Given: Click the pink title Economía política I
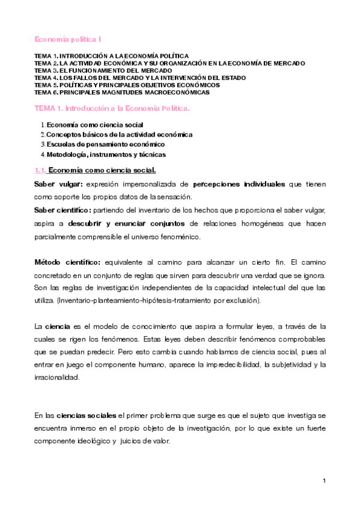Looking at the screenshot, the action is coord(67,39).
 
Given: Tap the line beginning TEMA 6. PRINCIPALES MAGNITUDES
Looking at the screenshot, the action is coord(122,93).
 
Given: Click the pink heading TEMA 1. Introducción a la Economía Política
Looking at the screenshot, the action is coord(112,108).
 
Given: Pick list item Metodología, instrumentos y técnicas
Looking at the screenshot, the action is coord(106,155).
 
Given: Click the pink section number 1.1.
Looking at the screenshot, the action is coord(40,170).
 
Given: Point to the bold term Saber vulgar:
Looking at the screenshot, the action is coord(56,183).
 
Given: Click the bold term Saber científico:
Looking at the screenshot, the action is coord(62,209).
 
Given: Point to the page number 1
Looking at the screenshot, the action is coord(324,481).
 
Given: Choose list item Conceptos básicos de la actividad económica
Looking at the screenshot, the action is coord(120,134).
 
